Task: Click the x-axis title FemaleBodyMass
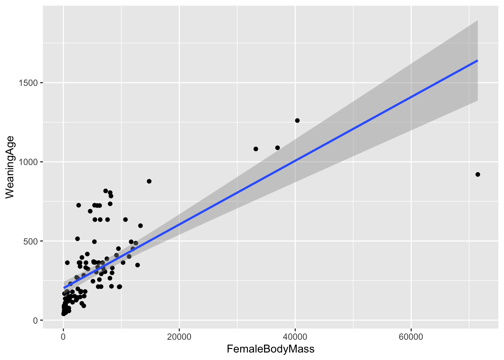click(x=270, y=349)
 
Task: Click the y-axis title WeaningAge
click(x=10, y=167)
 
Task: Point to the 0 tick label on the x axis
click(x=63, y=337)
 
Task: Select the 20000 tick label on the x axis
click(x=179, y=337)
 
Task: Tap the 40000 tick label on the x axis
click(x=295, y=337)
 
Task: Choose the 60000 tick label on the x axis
click(x=411, y=337)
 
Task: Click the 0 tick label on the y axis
click(x=36, y=320)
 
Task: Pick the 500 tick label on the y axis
click(x=31, y=241)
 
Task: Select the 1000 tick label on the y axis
click(x=28, y=162)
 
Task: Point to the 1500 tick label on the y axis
click(x=28, y=83)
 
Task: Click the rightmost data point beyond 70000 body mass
click(x=478, y=174)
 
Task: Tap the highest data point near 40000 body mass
click(x=297, y=120)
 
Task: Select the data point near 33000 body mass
click(x=256, y=149)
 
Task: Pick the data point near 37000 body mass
click(x=277, y=148)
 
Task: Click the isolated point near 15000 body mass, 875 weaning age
click(x=149, y=181)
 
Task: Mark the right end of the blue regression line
click(x=477, y=60)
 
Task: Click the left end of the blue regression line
click(x=64, y=288)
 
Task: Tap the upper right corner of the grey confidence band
click(x=477, y=21)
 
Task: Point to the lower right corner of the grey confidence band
click(x=477, y=100)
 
